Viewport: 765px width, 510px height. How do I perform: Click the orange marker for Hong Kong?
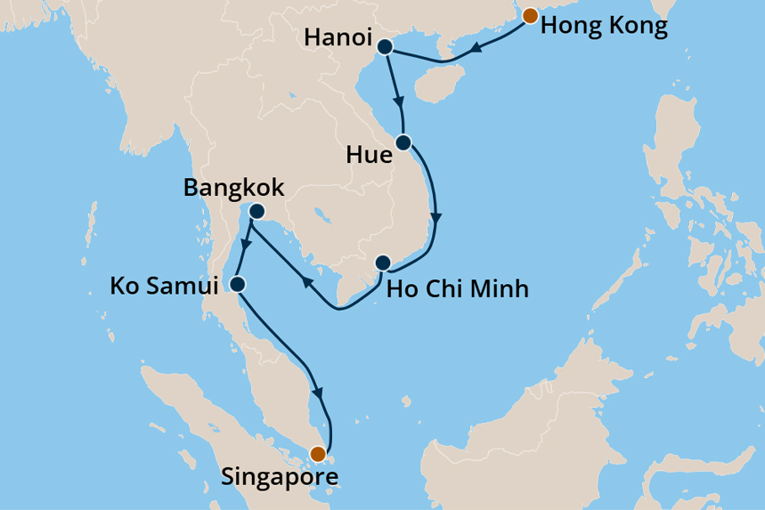(530, 15)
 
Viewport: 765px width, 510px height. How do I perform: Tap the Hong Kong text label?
(604, 26)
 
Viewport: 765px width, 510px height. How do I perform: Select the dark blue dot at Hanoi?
(386, 48)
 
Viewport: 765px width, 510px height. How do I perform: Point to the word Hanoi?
(338, 38)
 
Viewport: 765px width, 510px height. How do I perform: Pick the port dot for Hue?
(403, 142)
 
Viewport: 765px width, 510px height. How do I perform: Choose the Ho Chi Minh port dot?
(382, 263)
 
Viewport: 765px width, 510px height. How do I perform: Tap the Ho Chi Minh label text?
(458, 289)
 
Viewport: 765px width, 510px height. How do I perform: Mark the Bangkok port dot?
(256, 212)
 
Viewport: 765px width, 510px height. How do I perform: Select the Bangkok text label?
(233, 188)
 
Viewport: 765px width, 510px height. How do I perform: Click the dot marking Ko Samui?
(238, 285)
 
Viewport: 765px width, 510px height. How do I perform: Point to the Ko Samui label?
(164, 287)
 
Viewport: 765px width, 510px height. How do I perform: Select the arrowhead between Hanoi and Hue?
(400, 101)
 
